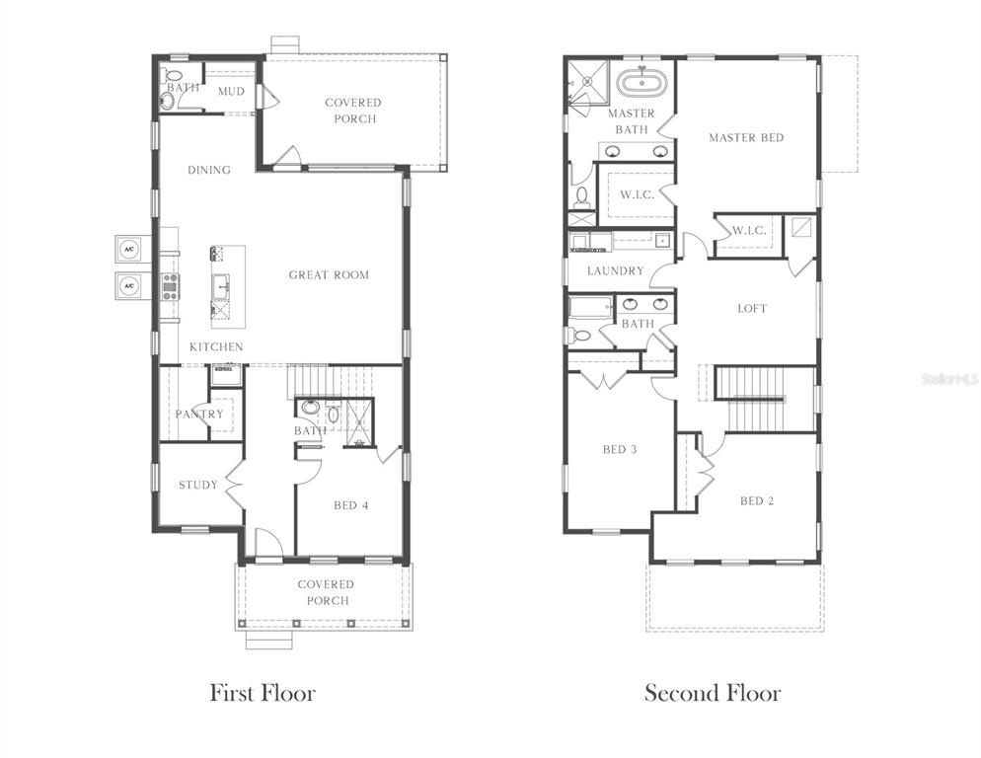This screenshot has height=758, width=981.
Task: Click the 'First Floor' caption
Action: click(x=262, y=693)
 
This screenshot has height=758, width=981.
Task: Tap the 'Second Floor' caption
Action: click(x=712, y=693)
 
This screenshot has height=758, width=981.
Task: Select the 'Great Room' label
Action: click(x=329, y=274)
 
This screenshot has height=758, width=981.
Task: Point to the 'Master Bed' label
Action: click(x=746, y=137)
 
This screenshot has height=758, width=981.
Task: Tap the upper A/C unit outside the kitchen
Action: click(x=129, y=248)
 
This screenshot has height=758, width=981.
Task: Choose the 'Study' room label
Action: click(x=198, y=485)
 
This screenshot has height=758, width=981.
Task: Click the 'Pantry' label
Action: click(x=199, y=414)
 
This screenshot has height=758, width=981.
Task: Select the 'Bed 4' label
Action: click(x=350, y=505)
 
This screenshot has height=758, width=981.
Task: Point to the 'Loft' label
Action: click(x=752, y=308)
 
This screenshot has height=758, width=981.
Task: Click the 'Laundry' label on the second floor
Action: click(x=615, y=270)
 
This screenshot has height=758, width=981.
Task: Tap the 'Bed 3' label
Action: click(x=620, y=450)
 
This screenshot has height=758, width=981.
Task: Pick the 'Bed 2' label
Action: click(x=757, y=500)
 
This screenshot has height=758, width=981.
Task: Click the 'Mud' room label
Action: click(x=231, y=91)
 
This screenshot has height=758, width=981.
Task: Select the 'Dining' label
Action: click(x=209, y=170)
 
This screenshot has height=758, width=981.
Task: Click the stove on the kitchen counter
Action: click(x=170, y=286)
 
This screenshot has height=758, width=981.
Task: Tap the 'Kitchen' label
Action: click(x=216, y=346)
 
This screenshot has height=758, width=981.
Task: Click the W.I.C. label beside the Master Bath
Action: click(x=637, y=194)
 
